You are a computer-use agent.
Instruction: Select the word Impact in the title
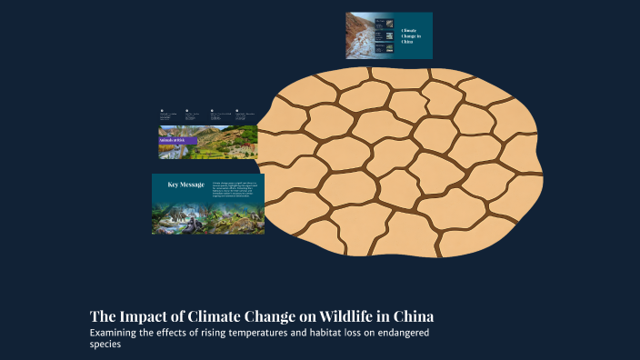point(148,317)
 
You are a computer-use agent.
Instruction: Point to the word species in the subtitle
point(105,345)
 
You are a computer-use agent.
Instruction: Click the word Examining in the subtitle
point(115,333)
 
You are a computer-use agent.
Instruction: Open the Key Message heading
point(185,185)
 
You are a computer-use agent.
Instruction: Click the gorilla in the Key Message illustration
point(194,217)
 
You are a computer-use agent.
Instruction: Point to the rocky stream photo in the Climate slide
point(363,35)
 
